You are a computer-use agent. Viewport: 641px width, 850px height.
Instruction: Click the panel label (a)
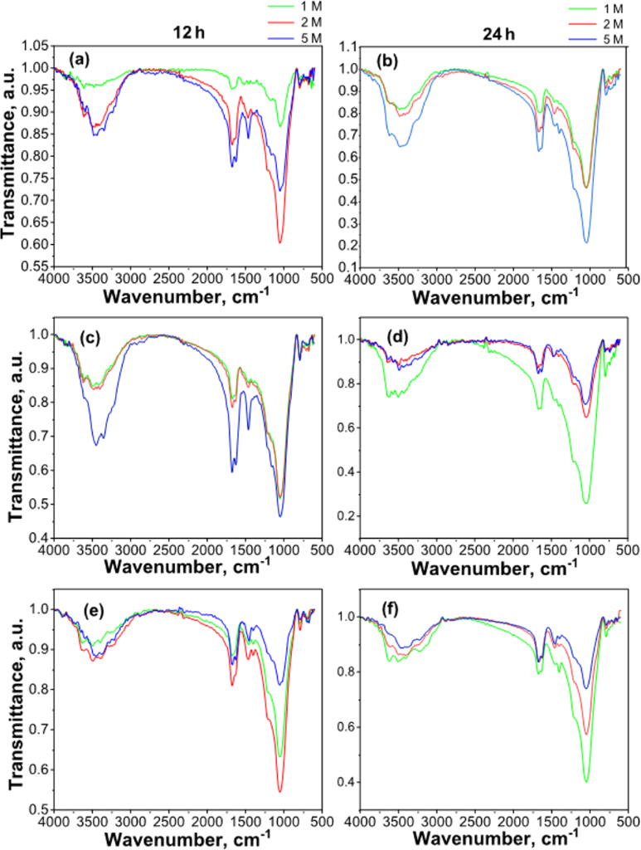tap(79, 58)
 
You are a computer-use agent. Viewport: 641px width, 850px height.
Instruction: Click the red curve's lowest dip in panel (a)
tap(280, 242)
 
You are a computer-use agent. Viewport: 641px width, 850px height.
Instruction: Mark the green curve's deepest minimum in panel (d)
tap(586, 503)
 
